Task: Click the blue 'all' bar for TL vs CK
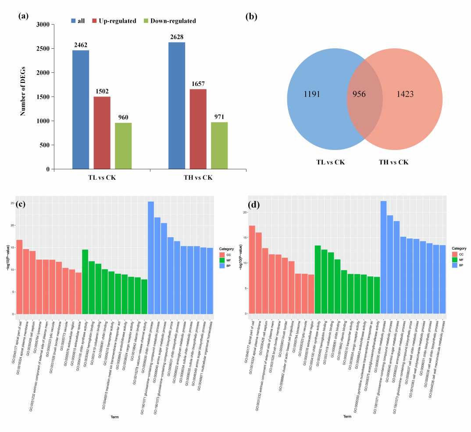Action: tap(81, 110)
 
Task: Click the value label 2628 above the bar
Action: tap(177, 36)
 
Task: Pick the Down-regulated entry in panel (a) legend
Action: tap(174, 21)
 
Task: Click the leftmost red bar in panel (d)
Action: tap(252, 269)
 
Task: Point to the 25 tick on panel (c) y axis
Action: tap(12, 203)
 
